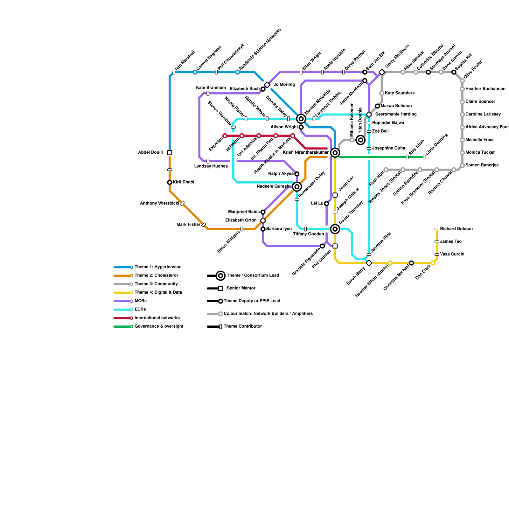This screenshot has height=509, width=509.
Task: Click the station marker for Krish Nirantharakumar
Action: pos(335,153)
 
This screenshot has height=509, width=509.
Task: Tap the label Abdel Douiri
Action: pos(150,153)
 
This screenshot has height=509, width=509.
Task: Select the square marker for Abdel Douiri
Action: pos(170,153)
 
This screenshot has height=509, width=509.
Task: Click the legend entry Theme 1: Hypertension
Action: pos(158,267)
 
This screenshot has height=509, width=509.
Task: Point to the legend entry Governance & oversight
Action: pos(159,326)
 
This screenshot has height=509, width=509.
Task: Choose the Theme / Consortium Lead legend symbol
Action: pos(220,275)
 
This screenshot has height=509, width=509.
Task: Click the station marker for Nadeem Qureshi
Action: pos(297,186)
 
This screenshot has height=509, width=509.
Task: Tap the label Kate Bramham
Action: pos(211,88)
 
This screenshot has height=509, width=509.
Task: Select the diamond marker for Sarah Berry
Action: pos(369,263)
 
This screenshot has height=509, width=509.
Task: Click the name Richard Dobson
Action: pos(456,229)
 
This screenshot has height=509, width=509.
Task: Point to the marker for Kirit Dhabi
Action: pos(170,182)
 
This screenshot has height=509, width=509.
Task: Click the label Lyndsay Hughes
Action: pos(211,166)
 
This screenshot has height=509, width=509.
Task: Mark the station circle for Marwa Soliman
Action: pos(377,106)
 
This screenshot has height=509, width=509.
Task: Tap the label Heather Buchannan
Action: pos(485,89)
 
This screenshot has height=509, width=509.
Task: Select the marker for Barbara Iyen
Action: pos(263,229)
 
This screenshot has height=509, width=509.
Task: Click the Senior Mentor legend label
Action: pos(241,288)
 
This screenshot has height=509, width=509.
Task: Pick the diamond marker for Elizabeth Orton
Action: pos(263,220)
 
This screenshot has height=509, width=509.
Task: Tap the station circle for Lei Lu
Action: pos(326,204)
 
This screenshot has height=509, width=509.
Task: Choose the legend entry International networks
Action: pos(157,318)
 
